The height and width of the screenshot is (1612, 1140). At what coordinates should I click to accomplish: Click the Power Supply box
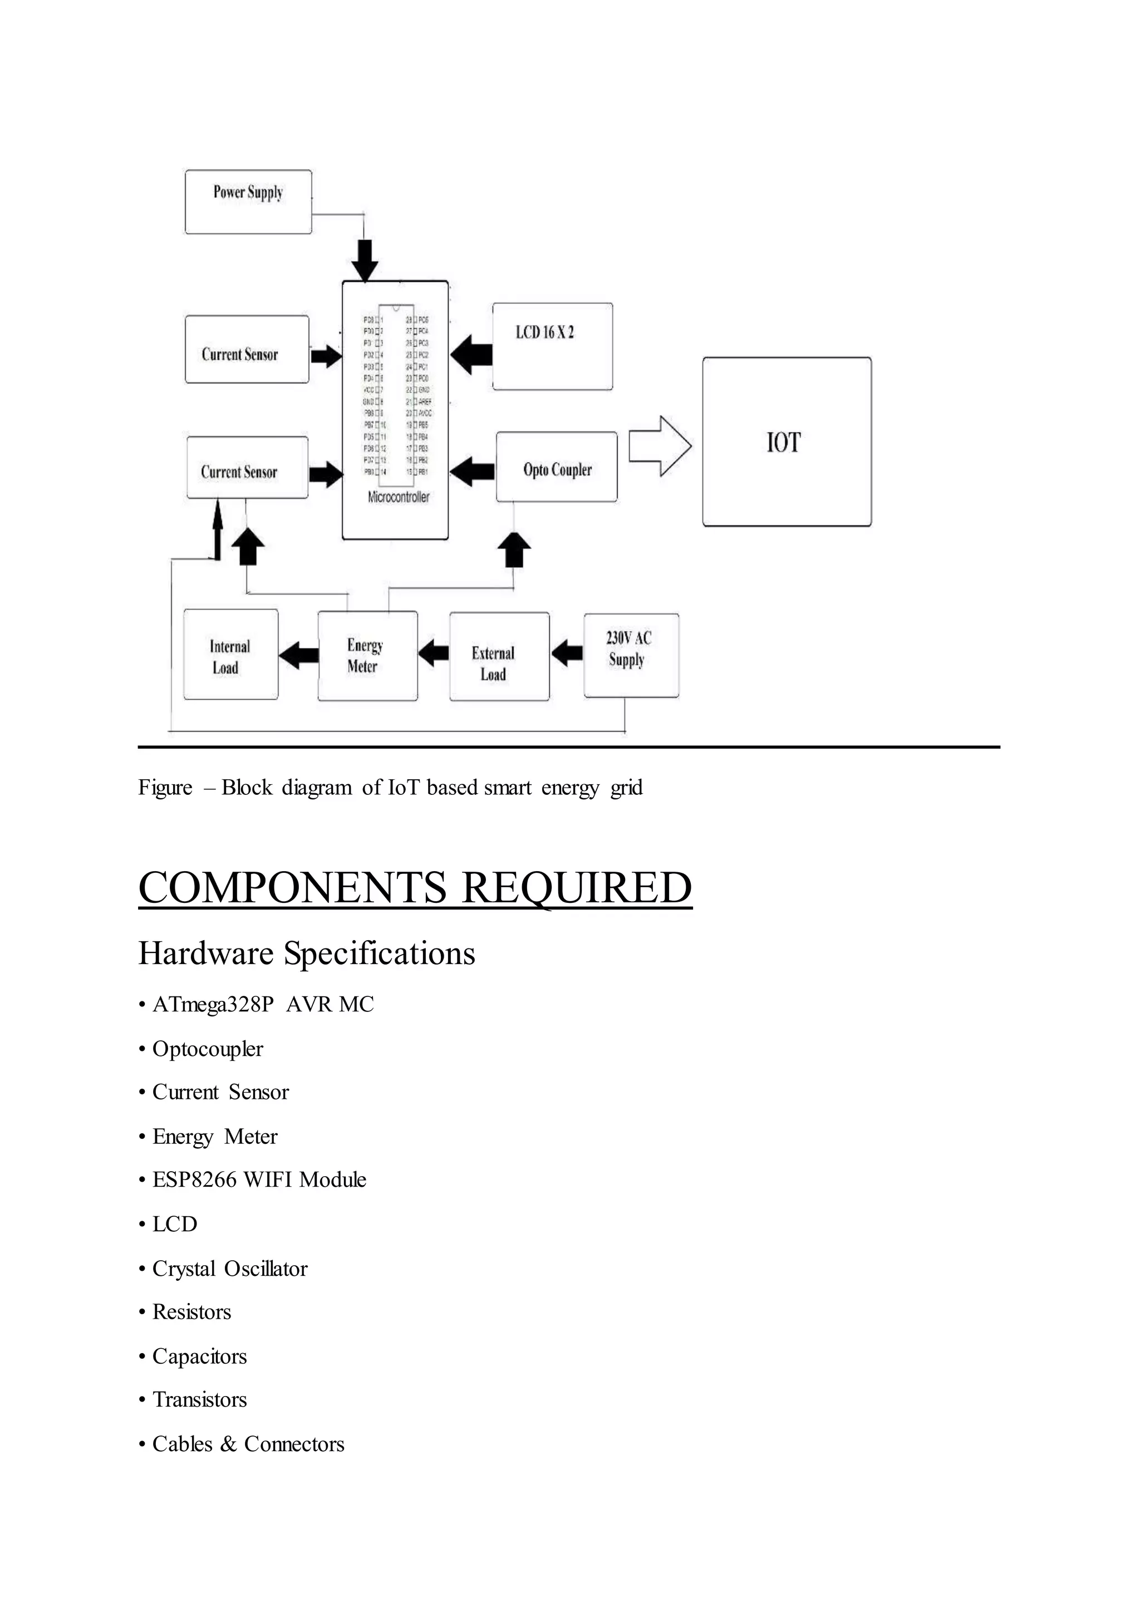coord(248,202)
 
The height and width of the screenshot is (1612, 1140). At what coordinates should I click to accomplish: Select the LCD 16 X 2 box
coord(552,346)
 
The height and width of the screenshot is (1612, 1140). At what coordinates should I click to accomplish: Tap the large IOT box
coord(786,441)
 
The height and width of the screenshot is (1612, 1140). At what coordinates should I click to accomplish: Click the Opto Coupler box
coord(557,467)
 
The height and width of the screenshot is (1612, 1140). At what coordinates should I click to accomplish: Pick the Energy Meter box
coord(367,656)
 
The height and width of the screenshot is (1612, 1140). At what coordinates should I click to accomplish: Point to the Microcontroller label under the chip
coord(398,497)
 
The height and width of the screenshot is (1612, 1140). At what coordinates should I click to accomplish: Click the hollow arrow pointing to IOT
coord(659,446)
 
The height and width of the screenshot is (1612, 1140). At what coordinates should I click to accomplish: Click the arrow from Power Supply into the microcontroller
coord(365,261)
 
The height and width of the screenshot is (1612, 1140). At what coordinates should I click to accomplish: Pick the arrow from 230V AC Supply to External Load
coord(567,653)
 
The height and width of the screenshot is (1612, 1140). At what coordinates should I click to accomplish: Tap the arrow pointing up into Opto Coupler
coord(514,549)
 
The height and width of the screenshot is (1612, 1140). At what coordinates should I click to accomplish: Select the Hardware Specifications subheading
coord(306,954)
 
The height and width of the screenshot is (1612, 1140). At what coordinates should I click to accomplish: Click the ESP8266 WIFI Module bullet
coord(259,1179)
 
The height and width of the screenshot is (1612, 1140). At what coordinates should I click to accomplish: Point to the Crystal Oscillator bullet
coord(229,1269)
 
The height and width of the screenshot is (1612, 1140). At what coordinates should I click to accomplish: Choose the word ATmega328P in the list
coord(213,1005)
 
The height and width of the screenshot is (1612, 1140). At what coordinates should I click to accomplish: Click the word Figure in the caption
coord(165,788)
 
